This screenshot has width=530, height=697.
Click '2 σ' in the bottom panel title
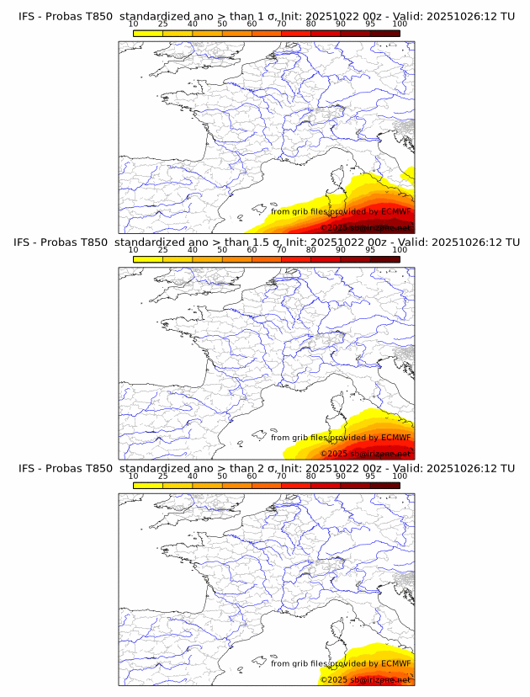(268, 468)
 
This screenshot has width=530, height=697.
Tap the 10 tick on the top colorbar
(134, 24)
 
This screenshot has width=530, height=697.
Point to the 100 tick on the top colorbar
(400, 24)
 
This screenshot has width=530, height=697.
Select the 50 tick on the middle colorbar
(222, 250)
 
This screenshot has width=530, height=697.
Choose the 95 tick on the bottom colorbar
(370, 476)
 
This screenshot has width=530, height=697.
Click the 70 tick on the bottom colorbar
(281, 476)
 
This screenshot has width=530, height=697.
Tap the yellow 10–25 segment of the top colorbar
(148, 33)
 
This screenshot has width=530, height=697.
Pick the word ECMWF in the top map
(396, 212)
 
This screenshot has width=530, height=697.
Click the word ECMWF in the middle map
(396, 438)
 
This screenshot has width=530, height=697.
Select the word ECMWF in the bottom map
(396, 664)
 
